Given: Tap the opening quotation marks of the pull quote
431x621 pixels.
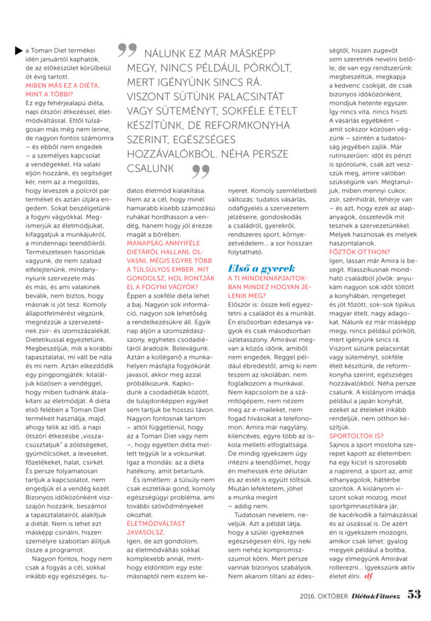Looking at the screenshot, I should (x=127, y=50).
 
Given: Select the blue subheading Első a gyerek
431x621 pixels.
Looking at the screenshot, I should (x=261, y=267).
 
